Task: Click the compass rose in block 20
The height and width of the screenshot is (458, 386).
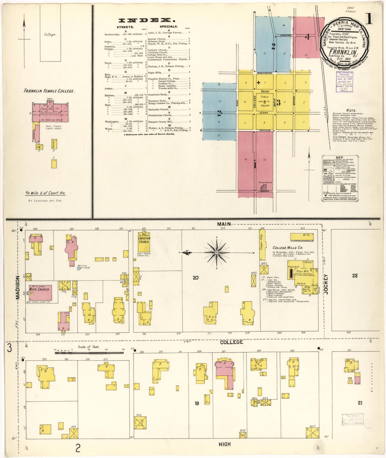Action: pos(217,252)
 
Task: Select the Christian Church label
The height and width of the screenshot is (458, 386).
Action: pos(144,240)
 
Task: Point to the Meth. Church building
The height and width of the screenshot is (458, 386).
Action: pos(41,292)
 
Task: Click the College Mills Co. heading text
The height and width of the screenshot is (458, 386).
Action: pos(287,248)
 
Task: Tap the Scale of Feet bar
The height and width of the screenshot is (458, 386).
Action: pos(89,353)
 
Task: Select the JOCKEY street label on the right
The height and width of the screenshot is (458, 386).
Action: pos(326,284)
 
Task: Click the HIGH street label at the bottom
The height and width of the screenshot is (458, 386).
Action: pos(224,444)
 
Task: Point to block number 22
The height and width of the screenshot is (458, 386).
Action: pos(355,276)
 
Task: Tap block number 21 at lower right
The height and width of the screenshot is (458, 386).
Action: pos(360,403)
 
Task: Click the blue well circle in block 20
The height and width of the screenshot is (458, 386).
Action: pos(79,268)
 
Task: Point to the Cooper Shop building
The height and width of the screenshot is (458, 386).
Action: pos(262,245)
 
